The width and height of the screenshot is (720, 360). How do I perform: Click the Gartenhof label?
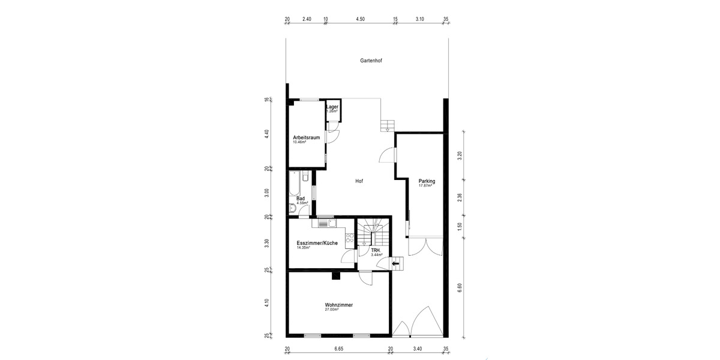click(x=371, y=61)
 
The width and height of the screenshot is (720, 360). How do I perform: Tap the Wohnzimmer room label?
click(x=338, y=305)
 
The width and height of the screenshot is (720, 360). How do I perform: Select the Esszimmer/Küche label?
click(x=317, y=243)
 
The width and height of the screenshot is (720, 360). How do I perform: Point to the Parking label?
click(x=427, y=181)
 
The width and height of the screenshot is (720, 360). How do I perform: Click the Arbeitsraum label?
click(x=305, y=137)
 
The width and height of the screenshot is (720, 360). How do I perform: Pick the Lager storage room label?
click(x=332, y=107)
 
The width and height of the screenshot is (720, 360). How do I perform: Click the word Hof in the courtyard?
click(x=359, y=181)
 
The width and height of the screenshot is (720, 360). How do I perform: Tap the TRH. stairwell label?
click(x=376, y=250)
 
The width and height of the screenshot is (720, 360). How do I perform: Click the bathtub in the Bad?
click(x=293, y=184)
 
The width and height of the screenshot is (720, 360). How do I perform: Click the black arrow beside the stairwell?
click(x=395, y=263)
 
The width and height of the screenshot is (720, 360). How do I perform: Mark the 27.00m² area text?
click(x=332, y=310)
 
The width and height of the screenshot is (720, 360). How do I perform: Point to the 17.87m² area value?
click(x=425, y=186)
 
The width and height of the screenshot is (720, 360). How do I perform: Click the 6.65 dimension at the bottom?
click(x=338, y=349)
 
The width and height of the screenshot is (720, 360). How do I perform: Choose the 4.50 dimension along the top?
click(x=360, y=19)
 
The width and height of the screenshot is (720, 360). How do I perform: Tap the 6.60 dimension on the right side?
click(x=460, y=287)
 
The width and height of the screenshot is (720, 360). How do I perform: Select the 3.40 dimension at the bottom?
click(x=418, y=349)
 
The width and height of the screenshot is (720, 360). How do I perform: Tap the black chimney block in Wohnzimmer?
click(x=337, y=276)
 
